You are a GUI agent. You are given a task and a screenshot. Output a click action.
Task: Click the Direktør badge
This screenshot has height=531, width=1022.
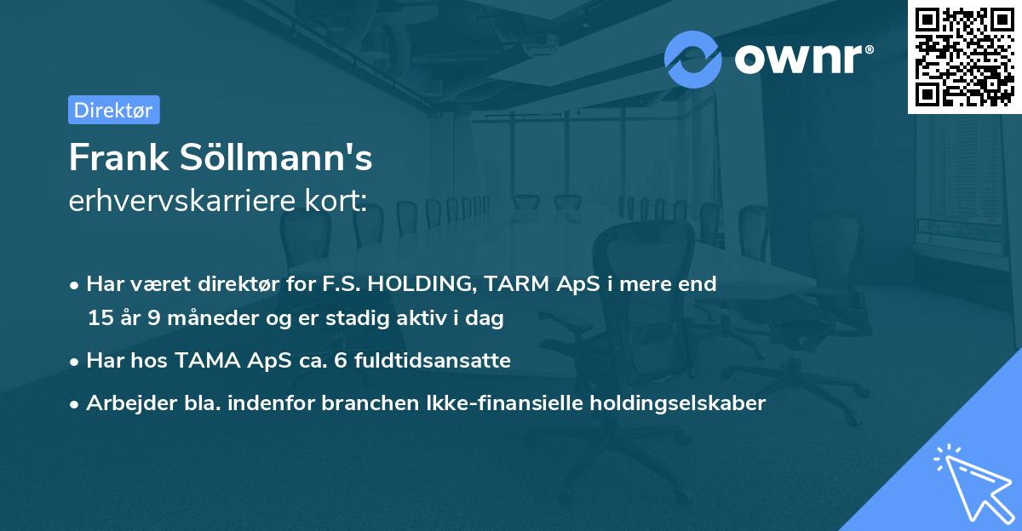tap(113, 110)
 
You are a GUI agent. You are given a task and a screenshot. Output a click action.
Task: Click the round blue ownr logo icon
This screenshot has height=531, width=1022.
tap(692, 60)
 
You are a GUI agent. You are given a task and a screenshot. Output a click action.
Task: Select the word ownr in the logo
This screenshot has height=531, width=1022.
tap(798, 60)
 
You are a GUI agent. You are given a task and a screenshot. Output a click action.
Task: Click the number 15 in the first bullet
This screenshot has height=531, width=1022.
tap(100, 319)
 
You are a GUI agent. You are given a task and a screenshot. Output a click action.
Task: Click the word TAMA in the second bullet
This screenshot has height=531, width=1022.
tap(207, 361)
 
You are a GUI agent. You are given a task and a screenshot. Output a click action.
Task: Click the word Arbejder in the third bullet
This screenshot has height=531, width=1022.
tap(125, 403)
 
